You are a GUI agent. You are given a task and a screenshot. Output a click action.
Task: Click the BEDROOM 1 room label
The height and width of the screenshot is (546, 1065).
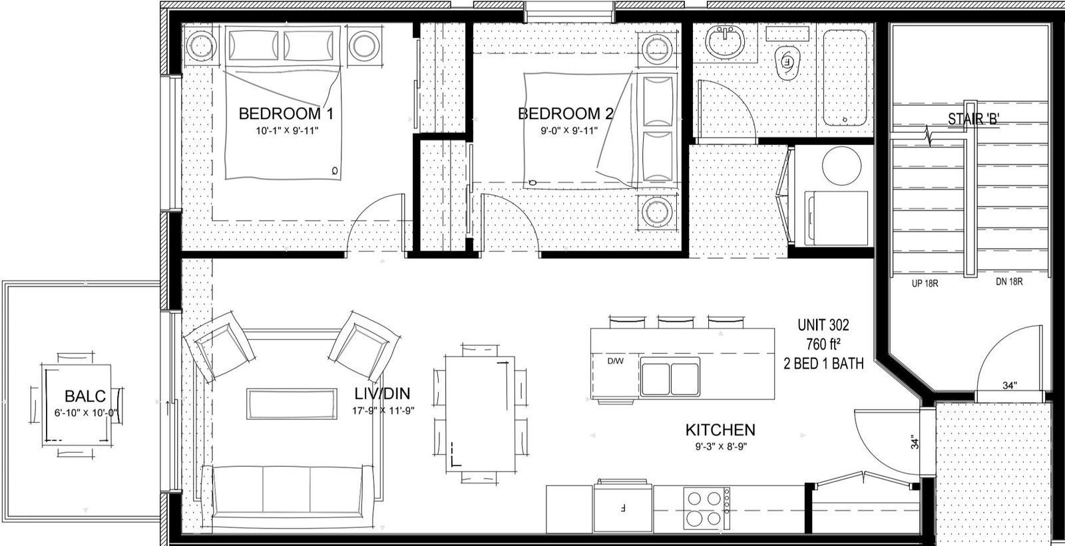[x=286, y=114]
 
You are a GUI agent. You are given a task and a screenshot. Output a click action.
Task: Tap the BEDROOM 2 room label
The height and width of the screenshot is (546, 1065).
[x=565, y=114]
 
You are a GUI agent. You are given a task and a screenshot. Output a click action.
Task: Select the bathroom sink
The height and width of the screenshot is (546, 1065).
[x=724, y=41]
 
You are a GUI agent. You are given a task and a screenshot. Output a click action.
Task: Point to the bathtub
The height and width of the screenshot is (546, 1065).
[x=845, y=77]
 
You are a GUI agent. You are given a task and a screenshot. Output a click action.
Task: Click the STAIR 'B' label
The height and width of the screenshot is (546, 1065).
[x=973, y=119]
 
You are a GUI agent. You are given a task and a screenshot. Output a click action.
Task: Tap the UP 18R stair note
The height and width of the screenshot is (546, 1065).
[x=925, y=284]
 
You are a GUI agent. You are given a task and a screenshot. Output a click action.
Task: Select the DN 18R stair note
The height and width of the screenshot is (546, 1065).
[x=1009, y=282]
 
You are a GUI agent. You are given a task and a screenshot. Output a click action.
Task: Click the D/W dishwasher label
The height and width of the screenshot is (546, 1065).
[x=615, y=361]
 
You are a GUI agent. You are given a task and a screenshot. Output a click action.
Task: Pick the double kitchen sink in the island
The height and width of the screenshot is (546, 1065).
[x=670, y=377]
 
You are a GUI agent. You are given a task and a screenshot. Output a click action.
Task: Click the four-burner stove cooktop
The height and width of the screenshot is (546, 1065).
[x=706, y=508]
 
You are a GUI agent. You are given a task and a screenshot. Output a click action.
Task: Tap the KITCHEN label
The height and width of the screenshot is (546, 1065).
[x=720, y=430]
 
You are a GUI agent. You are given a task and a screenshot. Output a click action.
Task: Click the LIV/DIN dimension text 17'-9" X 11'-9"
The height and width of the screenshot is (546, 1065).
[x=383, y=410]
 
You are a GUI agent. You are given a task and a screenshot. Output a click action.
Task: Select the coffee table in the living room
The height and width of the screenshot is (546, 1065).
[x=292, y=404]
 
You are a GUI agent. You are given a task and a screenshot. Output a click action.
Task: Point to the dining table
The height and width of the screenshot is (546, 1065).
[x=480, y=414]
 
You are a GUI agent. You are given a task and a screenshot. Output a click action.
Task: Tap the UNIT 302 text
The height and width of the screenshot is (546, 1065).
[x=823, y=325]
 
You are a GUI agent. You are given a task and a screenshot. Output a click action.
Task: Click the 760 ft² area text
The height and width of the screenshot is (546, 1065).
[x=823, y=344]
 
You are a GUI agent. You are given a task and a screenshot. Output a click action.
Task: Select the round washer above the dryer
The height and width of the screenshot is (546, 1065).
[x=841, y=166]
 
